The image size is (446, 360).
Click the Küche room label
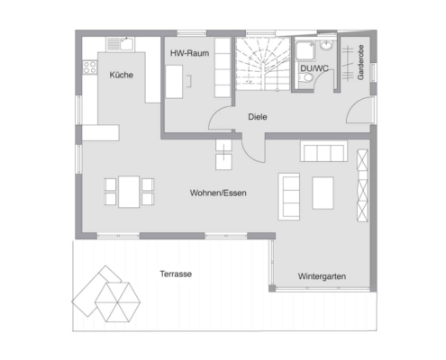coord(122,75)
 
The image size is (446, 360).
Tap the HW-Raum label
coord(189,53)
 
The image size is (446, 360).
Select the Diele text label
coord(258,117)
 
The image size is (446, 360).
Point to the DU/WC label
coord(314,68)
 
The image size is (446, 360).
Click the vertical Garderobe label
coord(360,62)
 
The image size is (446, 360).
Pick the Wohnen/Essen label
coord(218,193)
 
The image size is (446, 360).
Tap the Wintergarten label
coord(322,276)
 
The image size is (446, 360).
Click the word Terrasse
coord(176,274)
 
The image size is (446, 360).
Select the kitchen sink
coord(121,44)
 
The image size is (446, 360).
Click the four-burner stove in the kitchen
coord(90,67)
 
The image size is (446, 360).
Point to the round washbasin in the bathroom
coord(326,45)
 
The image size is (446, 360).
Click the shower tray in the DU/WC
coord(305,50)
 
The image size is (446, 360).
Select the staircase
coord(262,64)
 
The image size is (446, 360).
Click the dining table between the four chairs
coord(129,192)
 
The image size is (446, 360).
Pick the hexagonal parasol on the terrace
coord(118,302)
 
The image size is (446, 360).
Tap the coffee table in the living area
coord(323,193)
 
